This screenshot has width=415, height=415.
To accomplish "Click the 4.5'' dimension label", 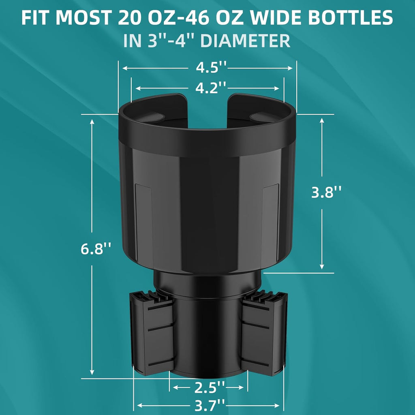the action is point(211,67).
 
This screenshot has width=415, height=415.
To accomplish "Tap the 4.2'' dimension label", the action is point(211,88).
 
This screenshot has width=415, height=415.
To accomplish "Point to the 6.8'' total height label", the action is point(96,249).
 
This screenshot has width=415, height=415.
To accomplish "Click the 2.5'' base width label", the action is point(210,388).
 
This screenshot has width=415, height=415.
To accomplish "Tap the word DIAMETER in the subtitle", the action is point(245,41).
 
